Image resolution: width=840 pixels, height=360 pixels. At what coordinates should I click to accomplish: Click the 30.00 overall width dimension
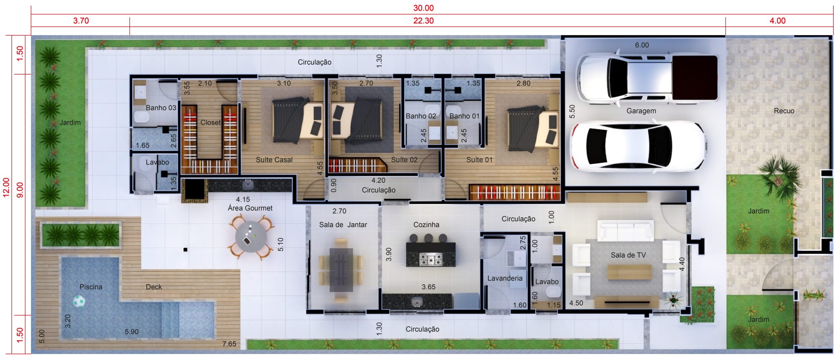pos(423,8)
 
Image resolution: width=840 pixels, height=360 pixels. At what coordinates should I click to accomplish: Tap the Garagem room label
pos(641,111)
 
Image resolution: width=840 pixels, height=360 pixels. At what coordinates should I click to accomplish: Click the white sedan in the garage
pos(639,146)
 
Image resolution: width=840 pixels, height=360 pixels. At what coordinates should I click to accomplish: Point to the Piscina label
pos(91,287)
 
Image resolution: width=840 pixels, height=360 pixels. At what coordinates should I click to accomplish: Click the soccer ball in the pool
pos(79,301)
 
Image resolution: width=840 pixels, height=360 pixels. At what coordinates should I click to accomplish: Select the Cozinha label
pos(426,225)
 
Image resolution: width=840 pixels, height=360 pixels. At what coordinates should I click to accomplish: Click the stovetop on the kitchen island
pos(431,260)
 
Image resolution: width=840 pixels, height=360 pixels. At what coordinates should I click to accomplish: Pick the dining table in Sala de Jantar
pos(341,269)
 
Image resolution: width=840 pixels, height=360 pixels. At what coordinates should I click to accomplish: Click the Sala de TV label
pos(628,255)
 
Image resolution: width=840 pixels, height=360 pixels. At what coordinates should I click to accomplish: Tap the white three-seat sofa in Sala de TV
pos(625,230)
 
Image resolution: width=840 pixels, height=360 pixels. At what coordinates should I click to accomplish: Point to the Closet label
pos(210,122)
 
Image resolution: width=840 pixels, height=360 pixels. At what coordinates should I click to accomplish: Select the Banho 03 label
pos(161,108)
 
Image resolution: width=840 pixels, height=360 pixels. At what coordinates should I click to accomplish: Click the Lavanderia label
pos(505,278)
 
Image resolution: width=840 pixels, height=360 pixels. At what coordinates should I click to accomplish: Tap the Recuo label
pos(784,111)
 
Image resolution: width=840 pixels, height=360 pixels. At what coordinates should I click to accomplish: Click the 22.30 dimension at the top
pos(423,21)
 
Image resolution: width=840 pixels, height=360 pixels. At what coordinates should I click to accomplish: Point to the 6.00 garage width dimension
pos(642,45)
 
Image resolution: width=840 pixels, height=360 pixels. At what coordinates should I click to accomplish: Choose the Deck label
pos(154,287)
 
